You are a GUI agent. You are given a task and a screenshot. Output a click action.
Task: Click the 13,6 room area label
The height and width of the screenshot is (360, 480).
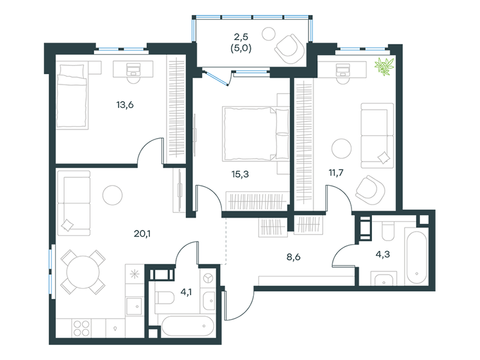tap(125, 105)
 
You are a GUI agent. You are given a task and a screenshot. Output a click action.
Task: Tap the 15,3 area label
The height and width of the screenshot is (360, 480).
tap(240, 174)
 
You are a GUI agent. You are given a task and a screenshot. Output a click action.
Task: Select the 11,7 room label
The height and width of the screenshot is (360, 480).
tap(336, 173)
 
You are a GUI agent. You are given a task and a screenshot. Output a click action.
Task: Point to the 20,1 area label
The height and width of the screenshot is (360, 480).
tap(142, 234)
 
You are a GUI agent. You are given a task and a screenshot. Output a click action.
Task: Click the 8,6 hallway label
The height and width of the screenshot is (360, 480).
tap(293, 257)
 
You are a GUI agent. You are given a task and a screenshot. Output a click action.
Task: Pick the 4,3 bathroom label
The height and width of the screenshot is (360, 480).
tap(383, 254)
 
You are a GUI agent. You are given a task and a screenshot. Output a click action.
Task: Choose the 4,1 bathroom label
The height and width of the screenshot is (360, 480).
tap(186, 292)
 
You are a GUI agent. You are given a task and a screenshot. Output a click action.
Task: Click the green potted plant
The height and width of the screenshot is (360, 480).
tap(384, 67)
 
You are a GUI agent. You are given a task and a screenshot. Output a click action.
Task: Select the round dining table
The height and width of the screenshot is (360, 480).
tap(83, 272)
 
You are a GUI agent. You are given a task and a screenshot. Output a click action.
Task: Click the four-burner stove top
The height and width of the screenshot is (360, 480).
tap(81, 328)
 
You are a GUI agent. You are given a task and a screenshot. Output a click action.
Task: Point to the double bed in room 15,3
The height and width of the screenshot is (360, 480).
tap(256, 134)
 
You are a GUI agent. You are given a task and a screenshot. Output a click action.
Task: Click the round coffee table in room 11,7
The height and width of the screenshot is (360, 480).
tap(341, 148)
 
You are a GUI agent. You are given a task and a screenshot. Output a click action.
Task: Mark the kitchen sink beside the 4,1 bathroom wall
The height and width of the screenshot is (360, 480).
tap(134, 306)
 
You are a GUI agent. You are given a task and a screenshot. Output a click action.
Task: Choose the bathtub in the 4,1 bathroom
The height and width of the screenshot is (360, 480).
tap(187, 326)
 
